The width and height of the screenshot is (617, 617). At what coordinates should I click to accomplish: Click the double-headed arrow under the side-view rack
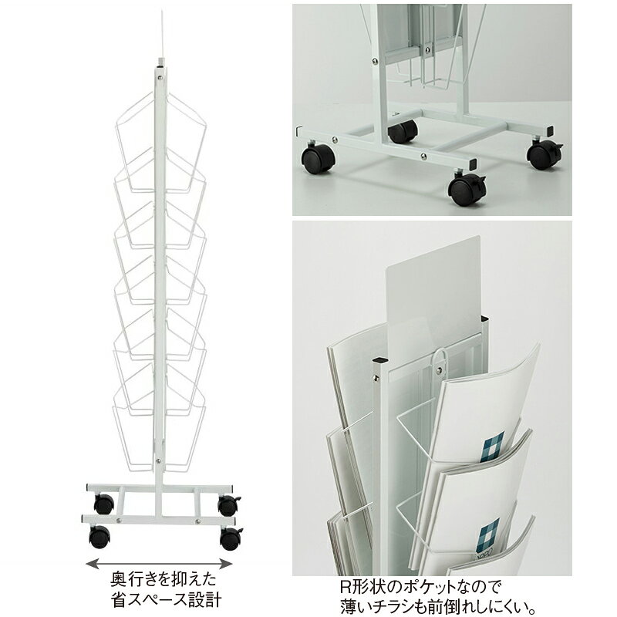click(x=159, y=564)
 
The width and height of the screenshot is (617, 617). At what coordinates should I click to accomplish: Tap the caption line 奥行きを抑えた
click(x=164, y=580)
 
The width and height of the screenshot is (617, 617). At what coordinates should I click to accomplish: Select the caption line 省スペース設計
click(x=166, y=600)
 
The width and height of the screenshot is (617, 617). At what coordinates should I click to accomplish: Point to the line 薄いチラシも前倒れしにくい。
click(x=437, y=606)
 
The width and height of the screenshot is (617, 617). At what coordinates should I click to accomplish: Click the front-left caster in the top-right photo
click(x=319, y=159)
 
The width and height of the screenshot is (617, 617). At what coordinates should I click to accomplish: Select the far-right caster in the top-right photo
click(x=545, y=154)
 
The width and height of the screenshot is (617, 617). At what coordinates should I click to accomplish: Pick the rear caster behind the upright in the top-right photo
click(x=403, y=131)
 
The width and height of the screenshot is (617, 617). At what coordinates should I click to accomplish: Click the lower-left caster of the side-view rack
click(x=99, y=537)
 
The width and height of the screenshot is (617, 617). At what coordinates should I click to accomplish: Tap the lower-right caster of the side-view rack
click(x=231, y=538)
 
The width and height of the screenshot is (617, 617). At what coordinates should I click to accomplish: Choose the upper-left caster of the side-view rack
click(x=104, y=504)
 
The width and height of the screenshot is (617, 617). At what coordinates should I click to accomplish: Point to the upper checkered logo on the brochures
click(x=494, y=447)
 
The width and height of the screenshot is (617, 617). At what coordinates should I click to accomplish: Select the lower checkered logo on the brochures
click(x=489, y=534)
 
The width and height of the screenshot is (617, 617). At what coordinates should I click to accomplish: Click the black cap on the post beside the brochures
click(x=379, y=360)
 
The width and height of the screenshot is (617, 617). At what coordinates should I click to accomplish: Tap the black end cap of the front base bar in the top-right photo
click(x=473, y=164)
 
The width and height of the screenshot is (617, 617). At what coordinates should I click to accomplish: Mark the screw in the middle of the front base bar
click(x=423, y=157)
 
